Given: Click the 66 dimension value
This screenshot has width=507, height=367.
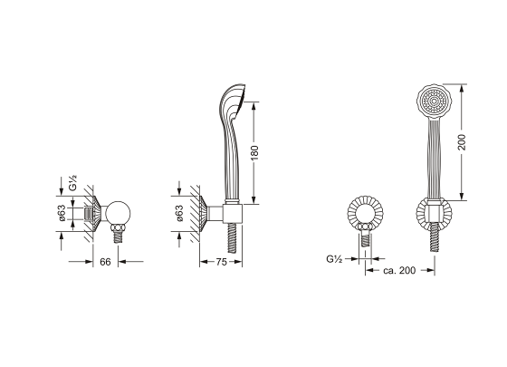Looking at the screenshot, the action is click(105, 262).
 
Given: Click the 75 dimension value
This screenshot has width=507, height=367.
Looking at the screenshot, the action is click(221, 262).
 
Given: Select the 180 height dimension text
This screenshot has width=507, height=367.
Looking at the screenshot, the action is click(254, 152).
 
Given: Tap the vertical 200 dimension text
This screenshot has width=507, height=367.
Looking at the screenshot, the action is click(462, 142).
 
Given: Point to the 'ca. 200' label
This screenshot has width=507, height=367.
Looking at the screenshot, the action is click(399, 270).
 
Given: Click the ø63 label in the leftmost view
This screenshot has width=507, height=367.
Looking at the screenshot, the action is click(62, 213).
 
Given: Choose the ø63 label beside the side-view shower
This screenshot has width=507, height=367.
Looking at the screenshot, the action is click(179, 213).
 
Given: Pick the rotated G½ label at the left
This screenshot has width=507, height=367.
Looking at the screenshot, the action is click(72, 183).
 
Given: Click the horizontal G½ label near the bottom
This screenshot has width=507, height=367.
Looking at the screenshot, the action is click(334, 259).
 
